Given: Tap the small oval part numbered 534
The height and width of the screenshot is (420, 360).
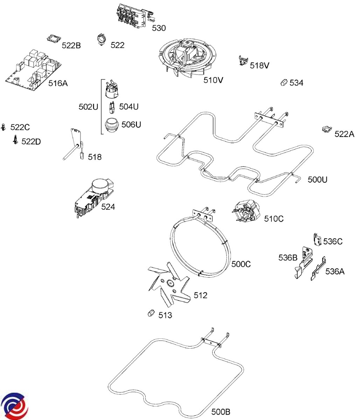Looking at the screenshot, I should [284, 83].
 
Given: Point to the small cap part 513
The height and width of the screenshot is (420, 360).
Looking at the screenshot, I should [151, 313].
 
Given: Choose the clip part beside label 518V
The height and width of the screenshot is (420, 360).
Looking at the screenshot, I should [243, 61].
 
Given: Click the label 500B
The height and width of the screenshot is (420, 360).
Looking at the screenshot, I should [221, 412].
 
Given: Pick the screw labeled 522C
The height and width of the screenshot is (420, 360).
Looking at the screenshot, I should [4, 127].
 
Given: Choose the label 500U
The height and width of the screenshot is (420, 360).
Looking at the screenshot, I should [317, 180].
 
